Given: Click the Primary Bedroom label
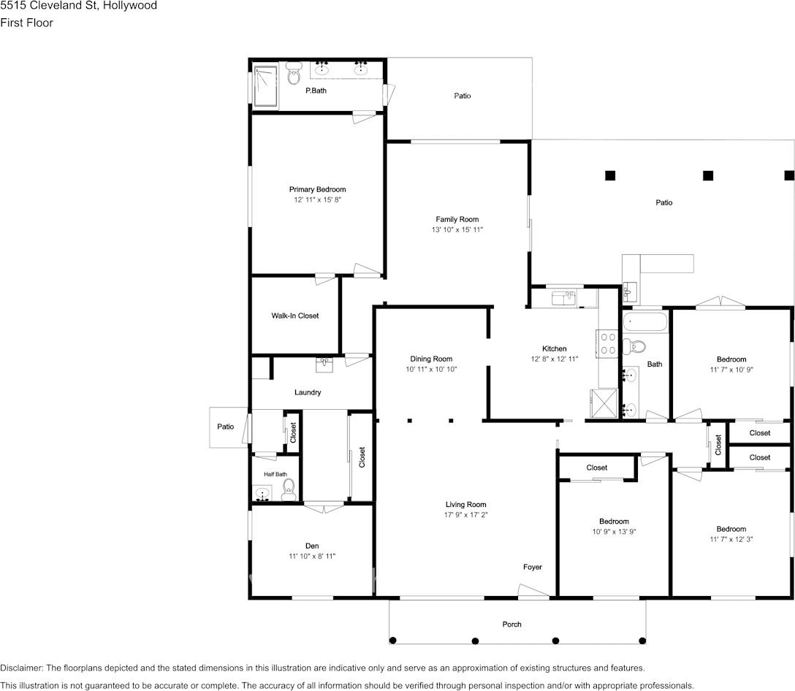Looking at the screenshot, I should point(317,189).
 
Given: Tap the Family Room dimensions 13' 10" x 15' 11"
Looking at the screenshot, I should point(457,229).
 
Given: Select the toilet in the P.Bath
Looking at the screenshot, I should point(294,73).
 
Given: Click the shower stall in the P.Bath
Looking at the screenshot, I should point(265,86).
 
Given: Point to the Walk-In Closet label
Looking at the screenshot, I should point(295,316).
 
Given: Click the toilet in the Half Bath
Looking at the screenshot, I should point(288,487).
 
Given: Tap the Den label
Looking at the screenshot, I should point(312,546).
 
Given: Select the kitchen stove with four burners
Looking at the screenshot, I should point(609,343).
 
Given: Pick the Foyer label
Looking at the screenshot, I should point(532,567).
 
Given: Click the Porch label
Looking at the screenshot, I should point(512,624).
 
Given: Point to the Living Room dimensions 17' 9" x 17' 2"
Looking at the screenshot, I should point(465,514).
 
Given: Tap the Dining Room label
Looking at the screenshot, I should point(431,359).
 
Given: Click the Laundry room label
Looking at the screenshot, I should point(308,392).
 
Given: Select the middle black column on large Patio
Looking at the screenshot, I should point(707,175).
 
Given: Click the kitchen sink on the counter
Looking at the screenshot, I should point(563,297).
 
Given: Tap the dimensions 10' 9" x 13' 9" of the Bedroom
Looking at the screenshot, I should point(613,531).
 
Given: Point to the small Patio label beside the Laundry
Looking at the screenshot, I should point(226,427).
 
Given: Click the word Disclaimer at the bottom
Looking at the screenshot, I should point(21,668).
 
